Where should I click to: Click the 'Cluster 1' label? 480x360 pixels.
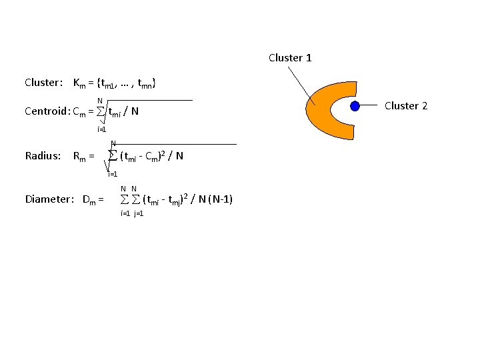290,58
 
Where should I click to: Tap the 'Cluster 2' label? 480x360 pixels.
406,106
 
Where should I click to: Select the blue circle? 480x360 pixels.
355,106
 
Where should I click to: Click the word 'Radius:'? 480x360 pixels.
43,156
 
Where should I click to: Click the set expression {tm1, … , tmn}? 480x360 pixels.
126,83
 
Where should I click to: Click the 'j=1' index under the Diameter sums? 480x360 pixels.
139,213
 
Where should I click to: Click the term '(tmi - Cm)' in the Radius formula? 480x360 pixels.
143,157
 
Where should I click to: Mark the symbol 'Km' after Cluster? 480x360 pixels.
79,83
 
